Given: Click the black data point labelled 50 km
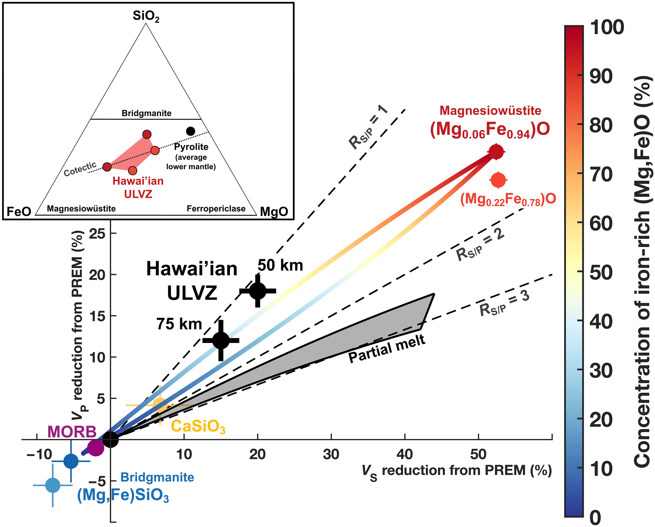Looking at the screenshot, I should pyautogui.click(x=258, y=291).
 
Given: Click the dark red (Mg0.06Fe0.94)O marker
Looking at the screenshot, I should pyautogui.click(x=496, y=151).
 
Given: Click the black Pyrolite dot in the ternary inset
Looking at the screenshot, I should pyautogui.click(x=190, y=131).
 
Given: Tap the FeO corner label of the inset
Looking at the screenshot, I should pyautogui.click(x=19, y=211).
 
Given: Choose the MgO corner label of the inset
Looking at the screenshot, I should pyautogui.click(x=274, y=211).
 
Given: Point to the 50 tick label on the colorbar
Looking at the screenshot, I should pyautogui.click(x=601, y=272).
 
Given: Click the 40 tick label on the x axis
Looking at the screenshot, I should pyautogui.click(x=405, y=455).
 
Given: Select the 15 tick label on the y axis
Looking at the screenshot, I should pyautogui.click(x=97, y=316).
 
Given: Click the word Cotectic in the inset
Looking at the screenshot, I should pyautogui.click(x=80, y=169).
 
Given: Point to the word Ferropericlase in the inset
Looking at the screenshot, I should pyautogui.click(x=216, y=209).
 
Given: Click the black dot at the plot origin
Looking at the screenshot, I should pyautogui.click(x=110, y=439).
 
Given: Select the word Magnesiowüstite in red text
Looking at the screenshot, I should pyautogui.click(x=490, y=111).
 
